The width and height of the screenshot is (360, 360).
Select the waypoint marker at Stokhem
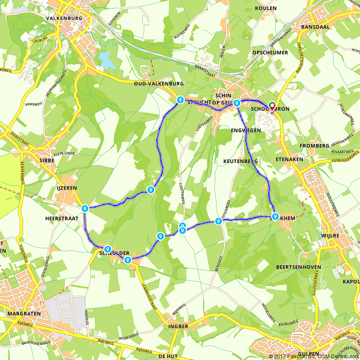[275, 216]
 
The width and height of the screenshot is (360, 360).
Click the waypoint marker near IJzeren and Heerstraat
[85, 208]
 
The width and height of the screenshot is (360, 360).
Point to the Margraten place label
[23, 314]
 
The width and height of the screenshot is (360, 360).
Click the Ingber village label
[178, 327]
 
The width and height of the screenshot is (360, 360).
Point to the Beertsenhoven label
[293, 267]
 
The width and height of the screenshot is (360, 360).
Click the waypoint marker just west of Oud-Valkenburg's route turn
[180, 100]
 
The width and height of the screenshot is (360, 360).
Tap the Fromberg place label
[314, 146]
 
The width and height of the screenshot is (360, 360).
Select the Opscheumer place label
[270, 53]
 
